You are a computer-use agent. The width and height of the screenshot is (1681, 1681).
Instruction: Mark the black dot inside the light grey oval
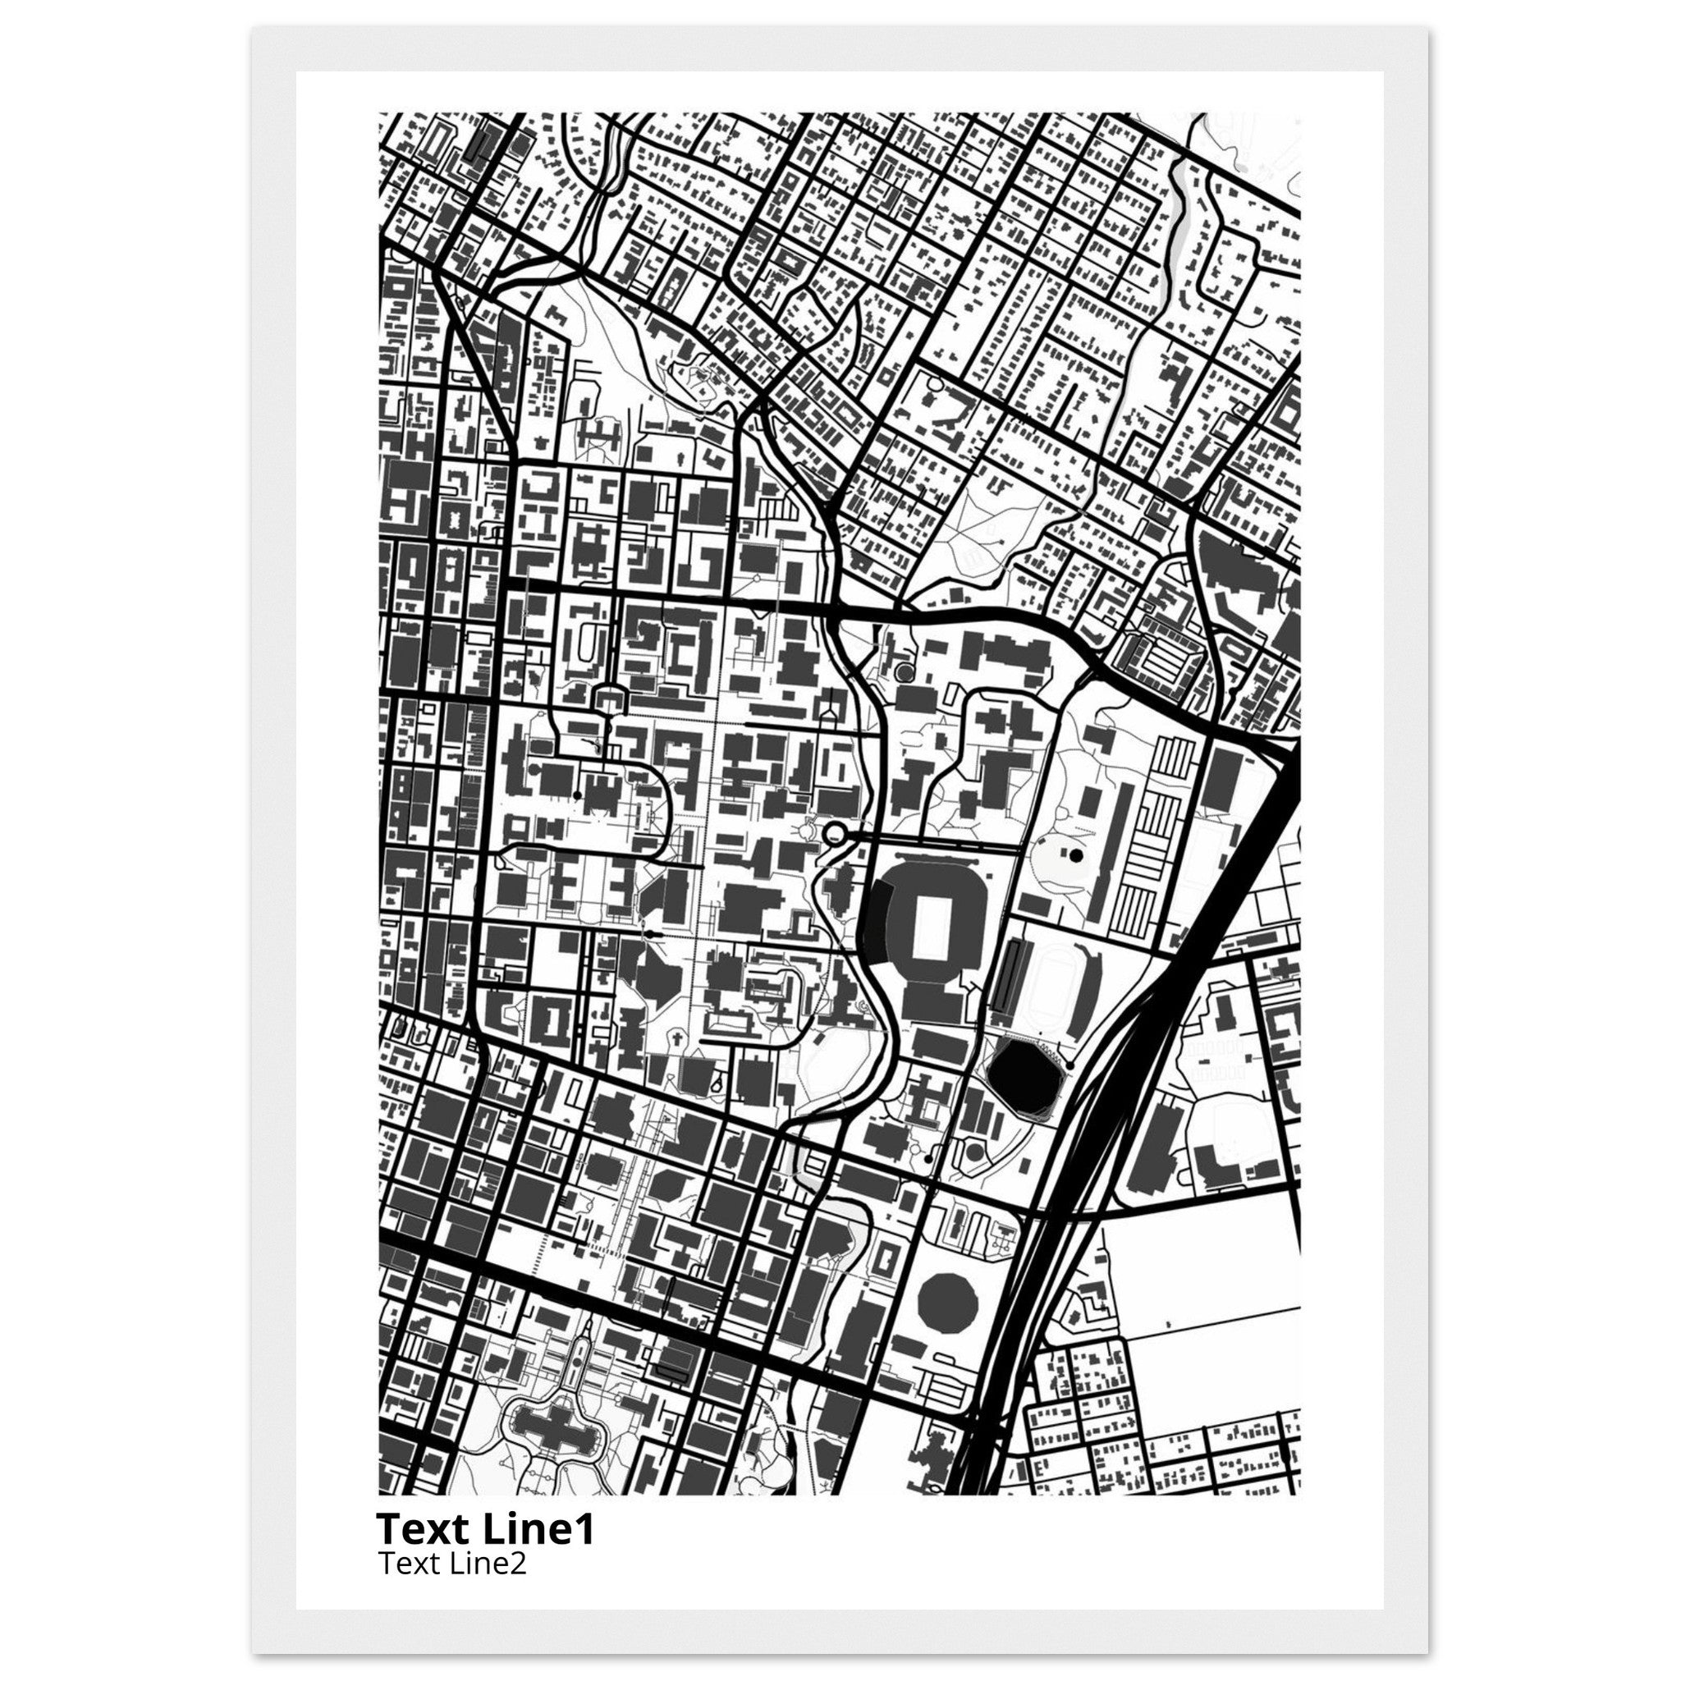1076,855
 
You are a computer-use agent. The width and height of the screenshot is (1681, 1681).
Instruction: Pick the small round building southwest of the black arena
975,1151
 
